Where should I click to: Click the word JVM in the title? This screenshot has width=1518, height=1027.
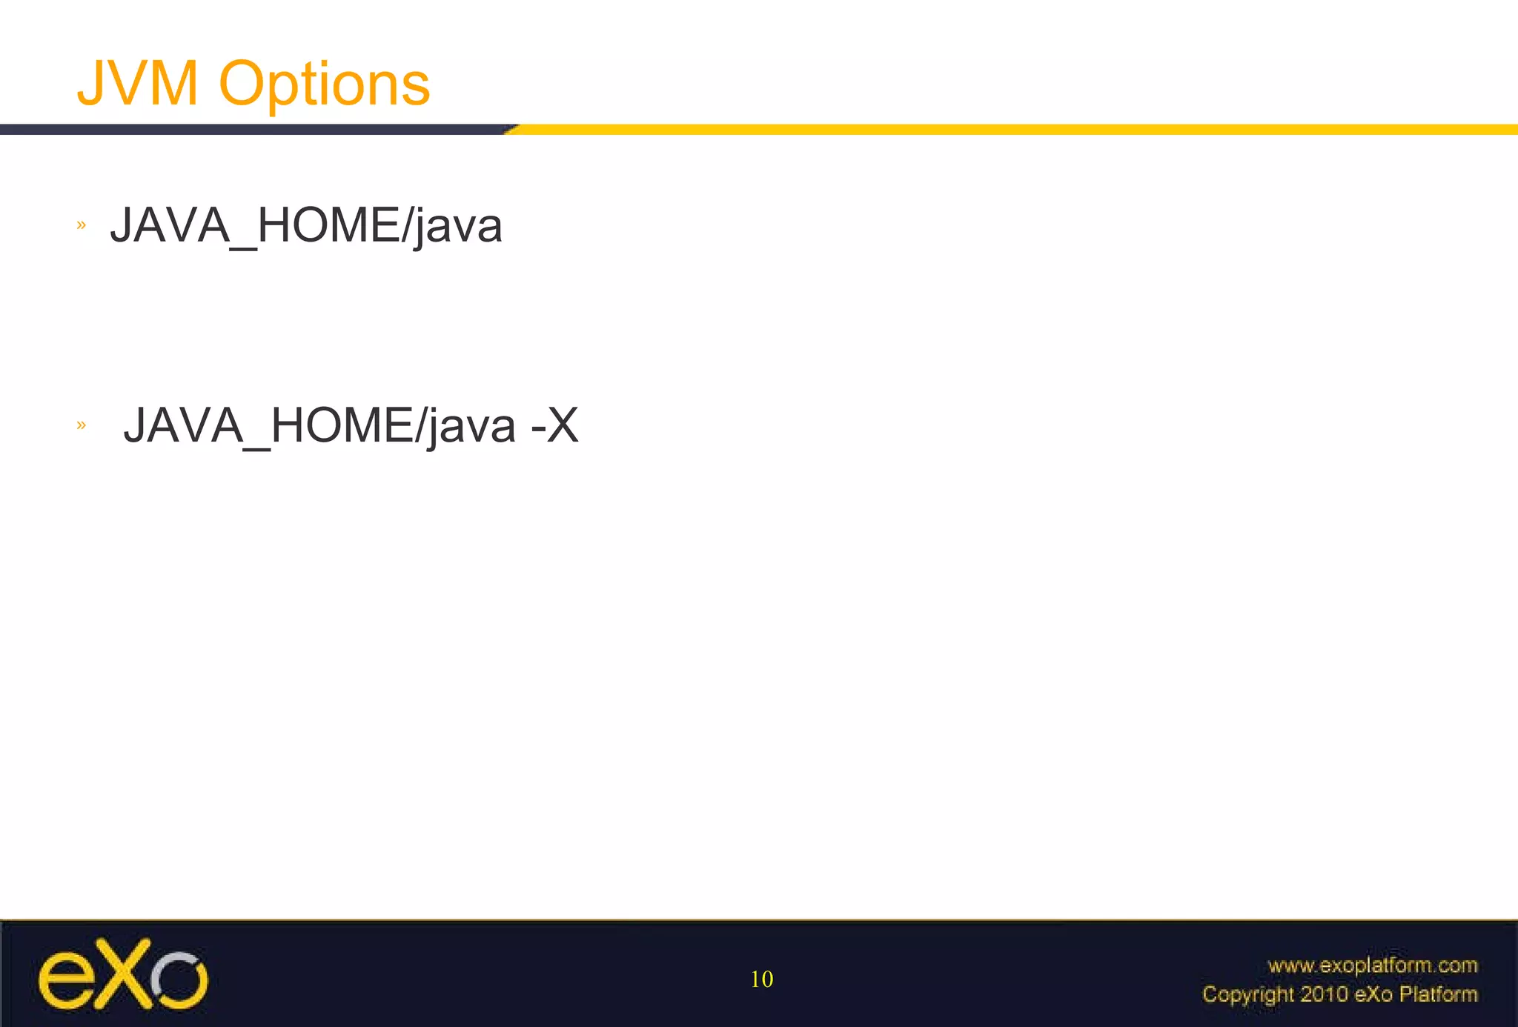click(x=138, y=84)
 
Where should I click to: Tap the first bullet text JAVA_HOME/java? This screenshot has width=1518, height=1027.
click(x=306, y=225)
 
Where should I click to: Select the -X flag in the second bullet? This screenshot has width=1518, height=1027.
click(x=554, y=425)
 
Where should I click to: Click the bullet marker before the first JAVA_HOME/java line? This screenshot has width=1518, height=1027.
click(x=82, y=225)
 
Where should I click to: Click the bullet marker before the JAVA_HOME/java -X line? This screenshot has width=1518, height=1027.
click(x=82, y=425)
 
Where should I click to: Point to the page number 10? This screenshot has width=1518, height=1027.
click(x=761, y=979)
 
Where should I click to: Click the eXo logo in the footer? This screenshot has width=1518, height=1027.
click(x=123, y=974)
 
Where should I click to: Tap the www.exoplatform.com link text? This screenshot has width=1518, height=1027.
click(x=1372, y=965)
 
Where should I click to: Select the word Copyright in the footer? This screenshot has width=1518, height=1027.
click(x=1247, y=994)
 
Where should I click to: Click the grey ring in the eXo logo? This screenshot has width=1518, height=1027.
click(x=179, y=978)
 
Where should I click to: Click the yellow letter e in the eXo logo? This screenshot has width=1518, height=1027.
click(x=64, y=981)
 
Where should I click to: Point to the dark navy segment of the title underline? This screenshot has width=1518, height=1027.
click(x=252, y=130)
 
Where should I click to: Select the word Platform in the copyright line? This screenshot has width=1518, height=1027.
click(x=1438, y=994)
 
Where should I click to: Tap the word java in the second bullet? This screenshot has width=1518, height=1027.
click(x=471, y=427)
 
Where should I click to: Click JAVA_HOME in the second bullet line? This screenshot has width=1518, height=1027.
click(x=268, y=425)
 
